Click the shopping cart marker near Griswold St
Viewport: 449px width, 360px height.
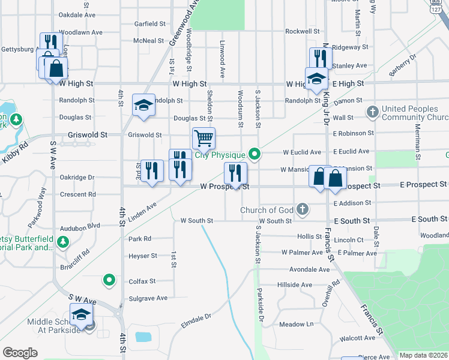(204, 139)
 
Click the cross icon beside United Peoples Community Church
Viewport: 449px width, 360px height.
(373, 112)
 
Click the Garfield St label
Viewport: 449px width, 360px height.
(149, 24)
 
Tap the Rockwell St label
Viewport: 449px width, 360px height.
(302, 31)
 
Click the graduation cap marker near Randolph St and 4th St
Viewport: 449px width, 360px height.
(143, 105)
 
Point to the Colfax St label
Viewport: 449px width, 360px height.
(142, 281)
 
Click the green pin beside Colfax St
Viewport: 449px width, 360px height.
(109, 280)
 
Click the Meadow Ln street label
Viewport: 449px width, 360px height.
(297, 324)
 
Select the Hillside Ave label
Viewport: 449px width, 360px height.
(294, 284)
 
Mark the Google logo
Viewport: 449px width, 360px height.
(20, 353)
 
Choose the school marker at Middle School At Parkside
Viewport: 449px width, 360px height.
(81, 314)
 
